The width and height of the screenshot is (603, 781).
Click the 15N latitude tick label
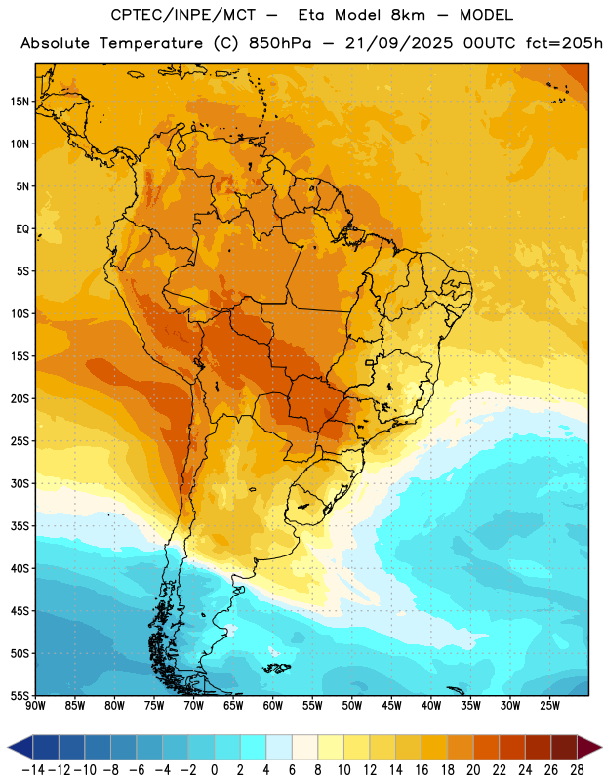[20, 102]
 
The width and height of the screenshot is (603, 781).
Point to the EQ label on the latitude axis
[22, 229]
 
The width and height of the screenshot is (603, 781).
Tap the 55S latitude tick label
[20, 695]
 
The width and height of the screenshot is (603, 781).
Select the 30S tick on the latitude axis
[20, 483]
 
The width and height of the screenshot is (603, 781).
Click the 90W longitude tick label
[35, 706]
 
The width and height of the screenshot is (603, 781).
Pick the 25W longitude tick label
[549, 706]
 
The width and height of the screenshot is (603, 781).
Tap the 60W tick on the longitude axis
[273, 706]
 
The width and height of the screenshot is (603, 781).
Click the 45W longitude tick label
[391, 706]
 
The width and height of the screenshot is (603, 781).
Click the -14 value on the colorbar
[33, 770]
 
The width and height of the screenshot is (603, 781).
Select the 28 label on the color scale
[577, 770]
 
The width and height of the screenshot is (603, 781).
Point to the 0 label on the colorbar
[214, 770]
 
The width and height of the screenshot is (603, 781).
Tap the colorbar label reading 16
[422, 770]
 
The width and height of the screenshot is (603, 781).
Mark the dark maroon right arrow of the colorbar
[589, 747]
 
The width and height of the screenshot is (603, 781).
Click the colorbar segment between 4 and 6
[279, 747]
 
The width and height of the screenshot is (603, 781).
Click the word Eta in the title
[310, 15]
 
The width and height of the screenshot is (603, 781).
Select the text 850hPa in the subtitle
[280, 44]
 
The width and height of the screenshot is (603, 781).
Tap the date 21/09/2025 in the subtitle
[399, 43]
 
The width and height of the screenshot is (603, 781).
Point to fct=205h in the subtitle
[564, 43]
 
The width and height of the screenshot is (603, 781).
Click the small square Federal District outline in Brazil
[370, 362]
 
